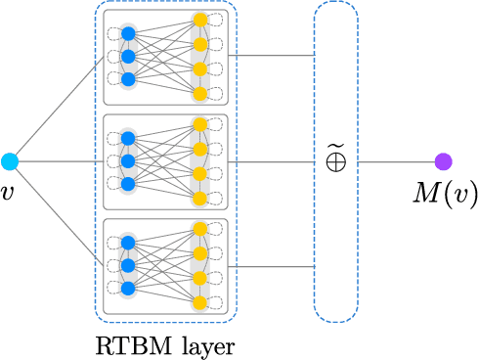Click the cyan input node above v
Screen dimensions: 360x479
(x=10, y=161)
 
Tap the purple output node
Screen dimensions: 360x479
(x=443, y=161)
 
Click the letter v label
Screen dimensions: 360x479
(x=9, y=193)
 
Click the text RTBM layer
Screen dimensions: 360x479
(x=164, y=345)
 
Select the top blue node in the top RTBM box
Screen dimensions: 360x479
(x=128, y=33)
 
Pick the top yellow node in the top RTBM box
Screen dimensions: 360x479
(x=200, y=20)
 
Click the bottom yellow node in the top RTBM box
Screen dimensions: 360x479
(x=200, y=94)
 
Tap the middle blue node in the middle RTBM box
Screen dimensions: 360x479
(x=128, y=161)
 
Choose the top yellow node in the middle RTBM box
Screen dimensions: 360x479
(x=200, y=124)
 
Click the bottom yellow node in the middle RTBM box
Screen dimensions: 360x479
(x=200, y=199)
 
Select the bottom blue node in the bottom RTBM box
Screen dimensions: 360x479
(x=128, y=288)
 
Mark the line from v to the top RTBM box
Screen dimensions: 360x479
(x=59, y=110)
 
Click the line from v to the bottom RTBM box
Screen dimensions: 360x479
(x=59, y=212)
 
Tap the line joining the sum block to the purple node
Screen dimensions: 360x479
(x=396, y=161)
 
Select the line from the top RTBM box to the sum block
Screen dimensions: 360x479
(x=274, y=56)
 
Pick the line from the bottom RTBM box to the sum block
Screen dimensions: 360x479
(x=274, y=266)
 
